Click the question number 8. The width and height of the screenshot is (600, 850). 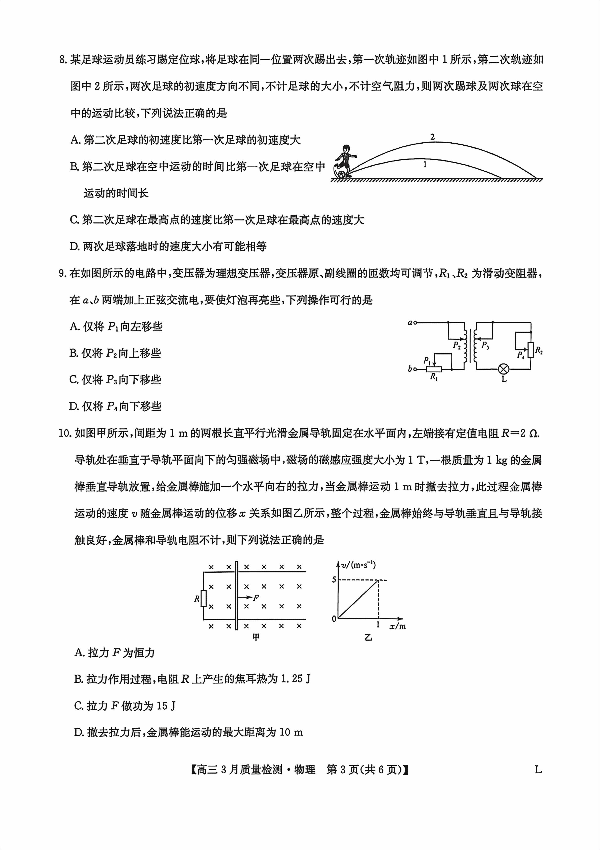click(63, 60)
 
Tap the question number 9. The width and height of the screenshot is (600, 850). click(63, 274)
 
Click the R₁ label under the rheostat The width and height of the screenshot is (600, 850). click(434, 378)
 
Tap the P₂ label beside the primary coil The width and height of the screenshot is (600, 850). click(457, 345)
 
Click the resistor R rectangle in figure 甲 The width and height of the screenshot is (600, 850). click(203, 598)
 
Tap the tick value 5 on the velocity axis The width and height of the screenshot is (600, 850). click(334, 579)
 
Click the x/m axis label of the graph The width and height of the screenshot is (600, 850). click(397, 626)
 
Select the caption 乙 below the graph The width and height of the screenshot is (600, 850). click(368, 637)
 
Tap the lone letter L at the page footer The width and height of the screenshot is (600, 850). click(538, 770)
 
